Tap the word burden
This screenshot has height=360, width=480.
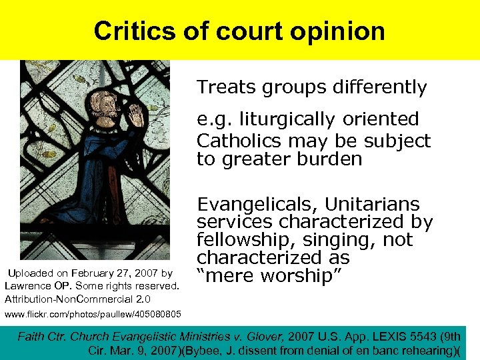[327, 159]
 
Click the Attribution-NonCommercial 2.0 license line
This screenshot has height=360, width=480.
[77, 299]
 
